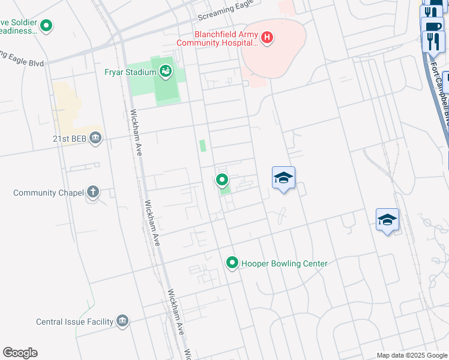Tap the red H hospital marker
click(268, 39)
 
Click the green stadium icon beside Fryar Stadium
click(165, 72)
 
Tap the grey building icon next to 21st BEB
click(95, 139)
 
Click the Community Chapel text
click(47, 193)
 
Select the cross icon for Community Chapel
click(92, 192)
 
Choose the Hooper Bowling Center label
click(285, 263)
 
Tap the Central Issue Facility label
click(74, 322)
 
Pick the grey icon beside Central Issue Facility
click(123, 321)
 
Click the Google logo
click(20, 353)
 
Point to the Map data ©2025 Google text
click(412, 355)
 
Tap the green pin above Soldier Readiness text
click(47, 26)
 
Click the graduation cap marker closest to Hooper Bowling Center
click(283, 178)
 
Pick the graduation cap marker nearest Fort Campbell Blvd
click(388, 220)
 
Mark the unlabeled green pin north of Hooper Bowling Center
click(222, 179)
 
